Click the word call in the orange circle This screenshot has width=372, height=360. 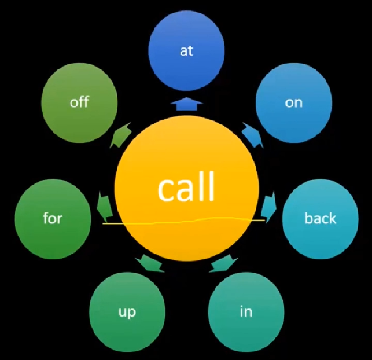pos(186,186)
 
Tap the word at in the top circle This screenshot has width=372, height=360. pos(186,51)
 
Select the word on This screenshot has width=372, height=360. pos(293,103)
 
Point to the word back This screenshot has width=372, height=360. pos(320,219)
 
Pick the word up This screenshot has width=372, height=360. pos(127,313)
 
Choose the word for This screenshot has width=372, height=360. pos(52,219)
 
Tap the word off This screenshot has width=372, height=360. pos(79,103)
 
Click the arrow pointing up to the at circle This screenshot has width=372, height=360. pos(186,105)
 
